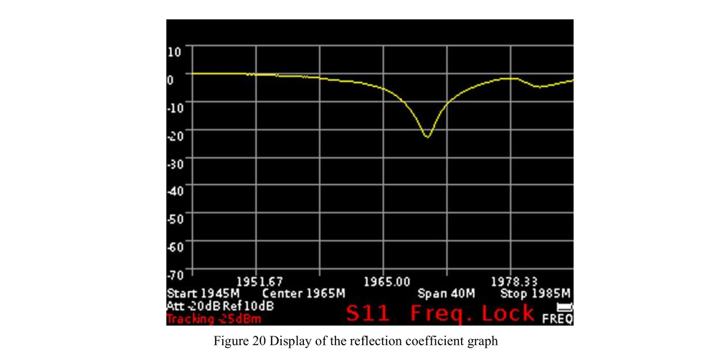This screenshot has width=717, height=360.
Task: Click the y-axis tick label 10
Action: [175, 51]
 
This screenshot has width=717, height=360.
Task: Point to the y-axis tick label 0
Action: [171, 79]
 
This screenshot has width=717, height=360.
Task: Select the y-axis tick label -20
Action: [176, 135]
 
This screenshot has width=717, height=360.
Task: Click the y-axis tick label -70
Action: [176, 273]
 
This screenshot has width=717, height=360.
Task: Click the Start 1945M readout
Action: [203, 294]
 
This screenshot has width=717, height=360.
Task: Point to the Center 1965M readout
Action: [304, 294]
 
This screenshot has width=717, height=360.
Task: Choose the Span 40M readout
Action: [446, 294]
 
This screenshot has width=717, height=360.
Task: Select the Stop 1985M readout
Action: [535, 294]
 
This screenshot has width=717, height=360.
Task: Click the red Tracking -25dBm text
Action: [214, 318]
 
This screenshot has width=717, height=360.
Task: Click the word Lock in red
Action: [508, 313]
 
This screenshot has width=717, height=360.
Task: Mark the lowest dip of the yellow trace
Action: [427, 136]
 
